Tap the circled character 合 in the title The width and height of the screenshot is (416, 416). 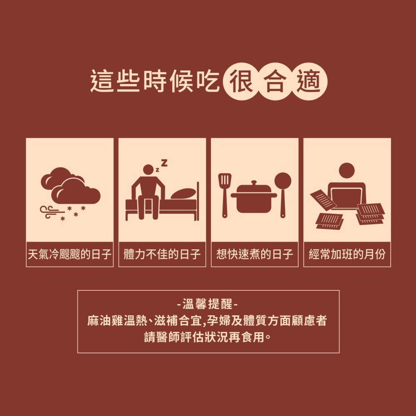click(275, 82)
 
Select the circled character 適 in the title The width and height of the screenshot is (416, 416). click(309, 82)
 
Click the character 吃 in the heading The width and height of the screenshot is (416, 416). click(208, 81)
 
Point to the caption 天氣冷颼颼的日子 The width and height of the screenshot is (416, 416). click(69, 254)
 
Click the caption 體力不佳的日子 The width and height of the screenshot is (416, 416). click(162, 254)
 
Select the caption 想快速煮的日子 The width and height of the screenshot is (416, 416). click(255, 254)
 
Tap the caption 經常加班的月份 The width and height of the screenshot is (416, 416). click(347, 254)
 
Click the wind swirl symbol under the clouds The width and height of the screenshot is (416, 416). click(52, 212)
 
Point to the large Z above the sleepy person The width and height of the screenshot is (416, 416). click(164, 163)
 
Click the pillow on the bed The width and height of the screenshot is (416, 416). click(183, 193)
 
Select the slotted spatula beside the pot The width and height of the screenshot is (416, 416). click(225, 196)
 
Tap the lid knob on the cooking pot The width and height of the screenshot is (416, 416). click(254, 183)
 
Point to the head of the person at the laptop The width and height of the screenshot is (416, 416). click(347, 170)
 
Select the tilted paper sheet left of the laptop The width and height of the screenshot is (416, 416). click(323, 200)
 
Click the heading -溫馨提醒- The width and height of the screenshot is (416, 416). click(208, 304)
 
